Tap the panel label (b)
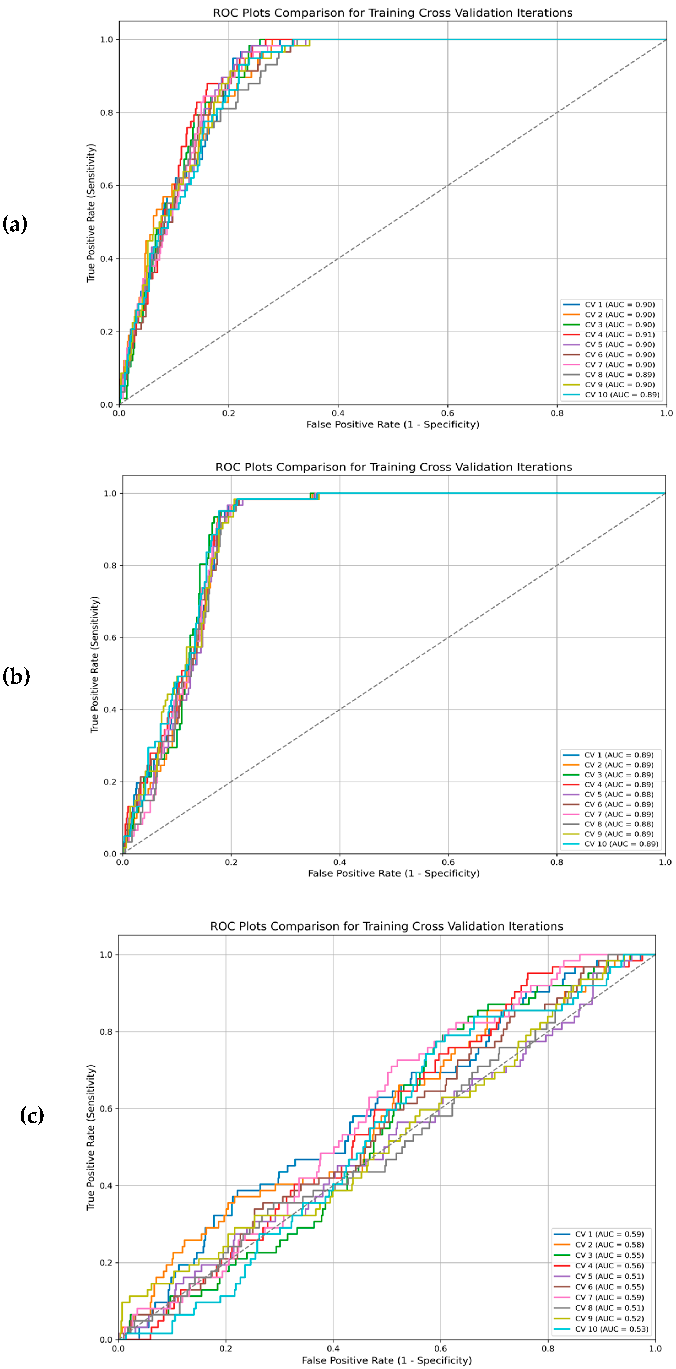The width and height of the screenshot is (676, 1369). (x=16, y=677)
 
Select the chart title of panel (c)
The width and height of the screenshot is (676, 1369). (x=386, y=926)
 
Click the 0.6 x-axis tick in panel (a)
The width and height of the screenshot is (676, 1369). (x=447, y=413)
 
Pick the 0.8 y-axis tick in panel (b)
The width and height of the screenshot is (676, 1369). (x=110, y=565)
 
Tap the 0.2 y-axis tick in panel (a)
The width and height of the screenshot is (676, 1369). (x=107, y=332)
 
